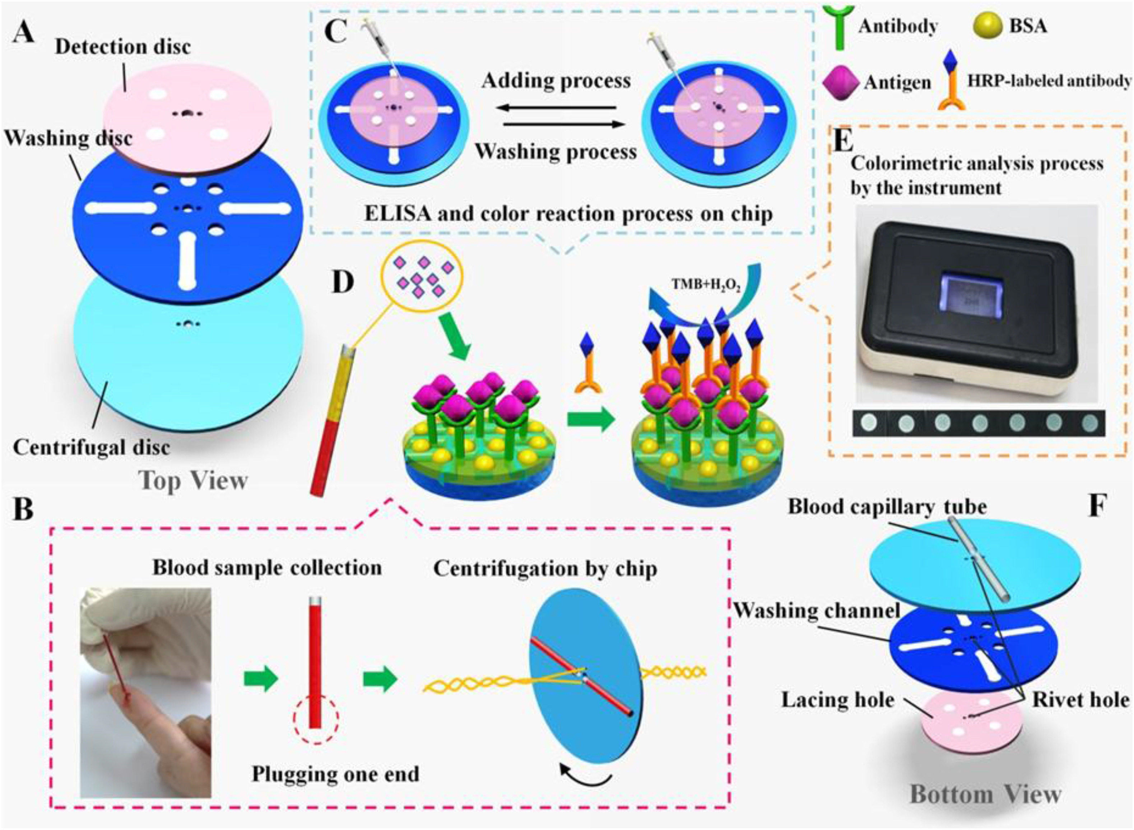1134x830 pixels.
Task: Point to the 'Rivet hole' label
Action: pyautogui.click(x=1080, y=700)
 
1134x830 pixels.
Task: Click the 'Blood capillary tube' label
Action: pyautogui.click(x=887, y=507)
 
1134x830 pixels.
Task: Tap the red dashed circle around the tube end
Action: pyautogui.click(x=316, y=718)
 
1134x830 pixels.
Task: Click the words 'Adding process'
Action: pyautogui.click(x=556, y=80)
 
